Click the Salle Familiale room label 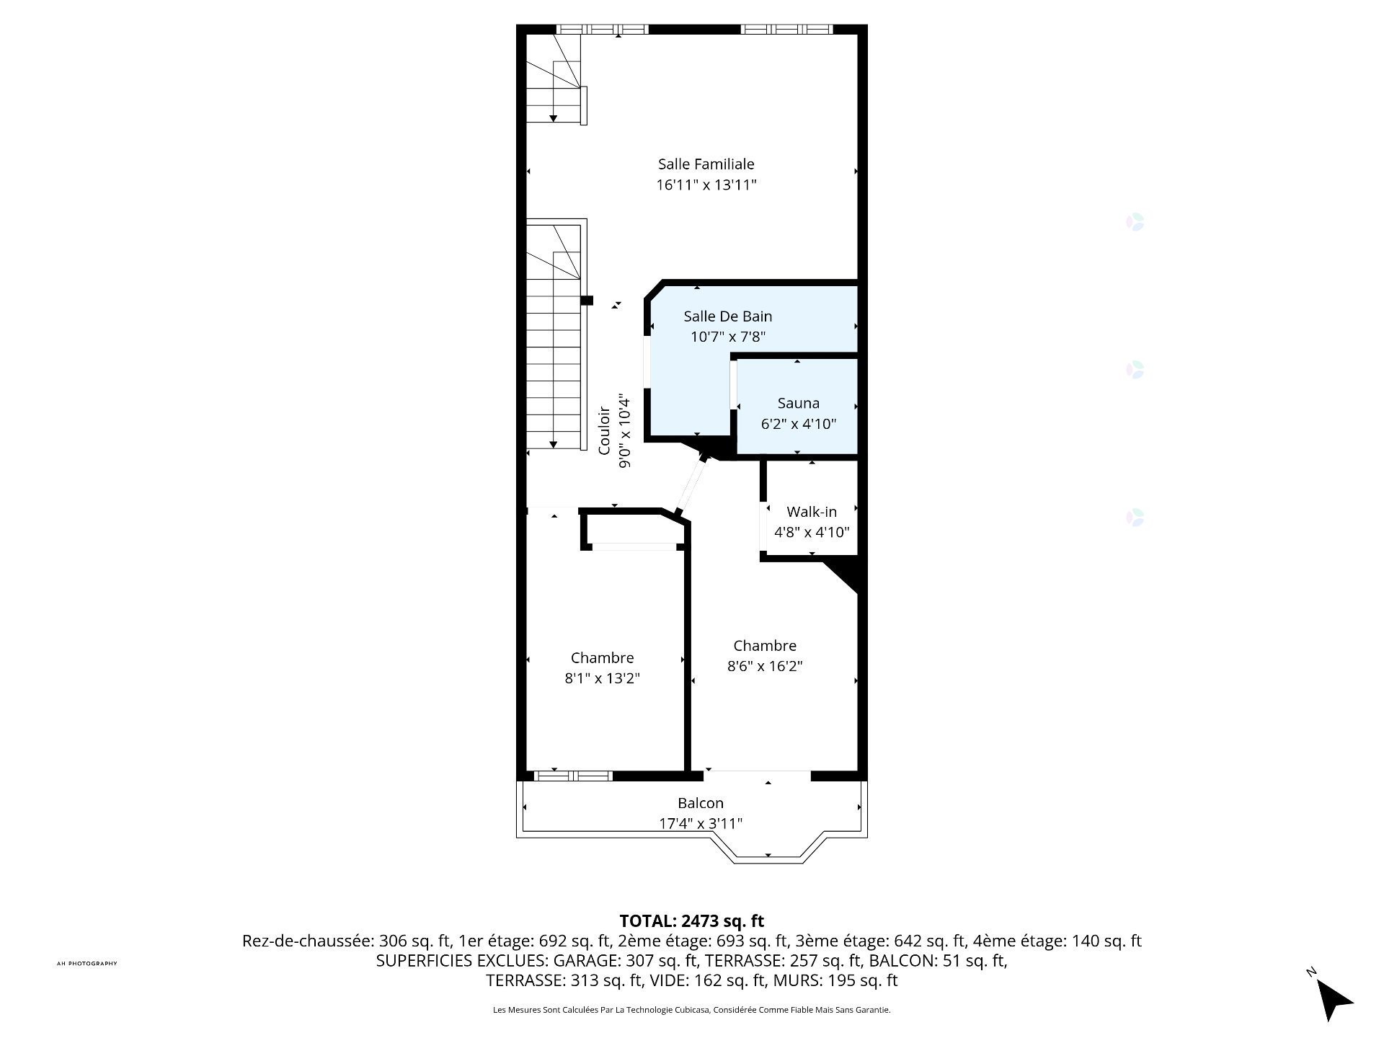point(706,164)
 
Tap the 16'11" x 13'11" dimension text point(706,185)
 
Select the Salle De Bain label point(727,316)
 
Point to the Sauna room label point(798,404)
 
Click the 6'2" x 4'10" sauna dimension point(798,424)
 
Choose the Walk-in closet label point(812,512)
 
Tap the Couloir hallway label point(605,431)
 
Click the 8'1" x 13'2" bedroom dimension point(602,678)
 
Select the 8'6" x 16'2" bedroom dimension point(765,666)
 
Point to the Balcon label point(700,803)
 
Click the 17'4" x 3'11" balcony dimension point(700,823)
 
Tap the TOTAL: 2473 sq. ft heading point(691,921)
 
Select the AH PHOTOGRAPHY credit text point(86,964)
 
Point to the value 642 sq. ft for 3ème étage point(931,941)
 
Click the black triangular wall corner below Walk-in point(844,575)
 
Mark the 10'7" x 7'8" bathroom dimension point(727,337)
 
